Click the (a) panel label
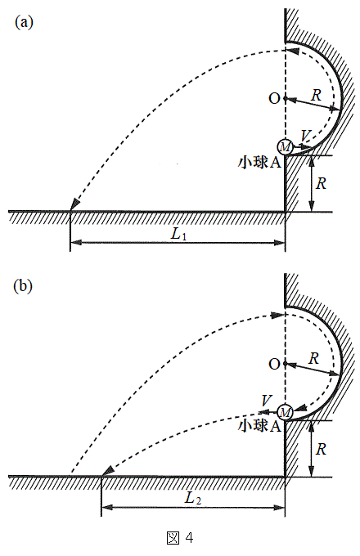tap(24, 23)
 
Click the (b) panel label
tap(23, 286)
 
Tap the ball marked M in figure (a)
tap(286, 146)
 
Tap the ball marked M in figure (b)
tap(286, 411)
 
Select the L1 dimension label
tap(178, 234)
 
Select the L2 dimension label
tap(193, 498)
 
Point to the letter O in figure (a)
tap(274, 99)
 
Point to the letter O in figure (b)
tap(274, 364)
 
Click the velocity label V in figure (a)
tap(305, 136)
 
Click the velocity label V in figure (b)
tap(266, 401)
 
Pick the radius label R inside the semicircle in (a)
tap(316, 95)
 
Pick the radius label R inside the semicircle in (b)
tap(313, 358)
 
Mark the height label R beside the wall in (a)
tap(321, 183)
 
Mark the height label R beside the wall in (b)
tap(321, 449)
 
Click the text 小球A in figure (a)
tap(259, 162)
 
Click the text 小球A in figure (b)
tap(259, 425)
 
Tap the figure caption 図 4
tap(180, 538)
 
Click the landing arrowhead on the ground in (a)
tap(74, 205)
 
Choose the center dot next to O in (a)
tap(286, 99)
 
